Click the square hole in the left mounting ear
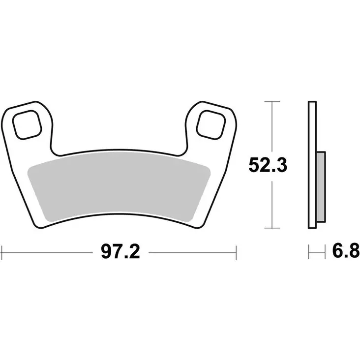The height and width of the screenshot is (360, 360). [x=27, y=125]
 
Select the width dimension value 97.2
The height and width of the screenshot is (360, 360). [x=120, y=252]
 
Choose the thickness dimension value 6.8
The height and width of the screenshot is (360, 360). [x=343, y=252]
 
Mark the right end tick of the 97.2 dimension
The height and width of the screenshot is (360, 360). [x=237, y=252]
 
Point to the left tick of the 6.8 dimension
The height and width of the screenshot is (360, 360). [x=309, y=252]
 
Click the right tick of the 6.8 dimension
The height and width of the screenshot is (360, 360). [x=326, y=252]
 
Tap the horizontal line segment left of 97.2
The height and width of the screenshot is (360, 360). [x=49, y=252]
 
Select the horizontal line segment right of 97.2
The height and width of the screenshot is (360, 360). [x=192, y=252]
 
